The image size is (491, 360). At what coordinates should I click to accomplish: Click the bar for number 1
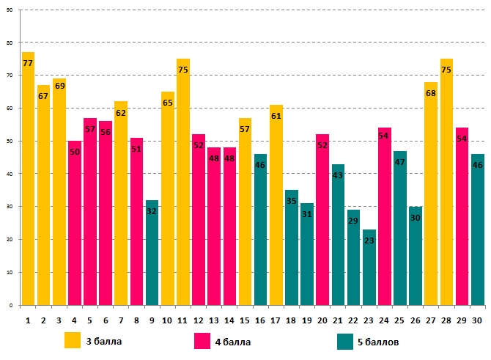(x=28, y=183)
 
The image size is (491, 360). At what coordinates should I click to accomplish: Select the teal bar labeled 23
(x=369, y=271)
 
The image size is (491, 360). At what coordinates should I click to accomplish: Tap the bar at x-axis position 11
(x=182, y=183)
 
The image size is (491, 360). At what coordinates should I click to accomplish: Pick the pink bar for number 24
(x=384, y=220)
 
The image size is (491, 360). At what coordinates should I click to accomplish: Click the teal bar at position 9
(x=152, y=257)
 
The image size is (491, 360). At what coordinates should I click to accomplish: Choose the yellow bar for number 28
(x=446, y=183)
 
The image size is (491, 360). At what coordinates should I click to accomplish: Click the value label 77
(x=28, y=63)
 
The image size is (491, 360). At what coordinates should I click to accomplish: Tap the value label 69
(x=59, y=86)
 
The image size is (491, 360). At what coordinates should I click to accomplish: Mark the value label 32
(x=152, y=210)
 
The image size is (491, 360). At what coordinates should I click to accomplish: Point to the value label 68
(x=431, y=92)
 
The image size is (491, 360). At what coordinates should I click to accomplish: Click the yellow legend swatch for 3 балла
(x=73, y=341)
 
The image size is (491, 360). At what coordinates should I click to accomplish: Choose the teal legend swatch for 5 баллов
(x=345, y=341)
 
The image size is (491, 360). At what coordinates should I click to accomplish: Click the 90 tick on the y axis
(x=10, y=10)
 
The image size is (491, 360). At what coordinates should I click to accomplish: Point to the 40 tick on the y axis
(x=10, y=174)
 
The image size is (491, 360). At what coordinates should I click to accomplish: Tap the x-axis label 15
(x=245, y=320)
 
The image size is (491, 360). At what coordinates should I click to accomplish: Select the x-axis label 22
(x=353, y=320)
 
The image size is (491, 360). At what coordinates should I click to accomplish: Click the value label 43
(x=338, y=175)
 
